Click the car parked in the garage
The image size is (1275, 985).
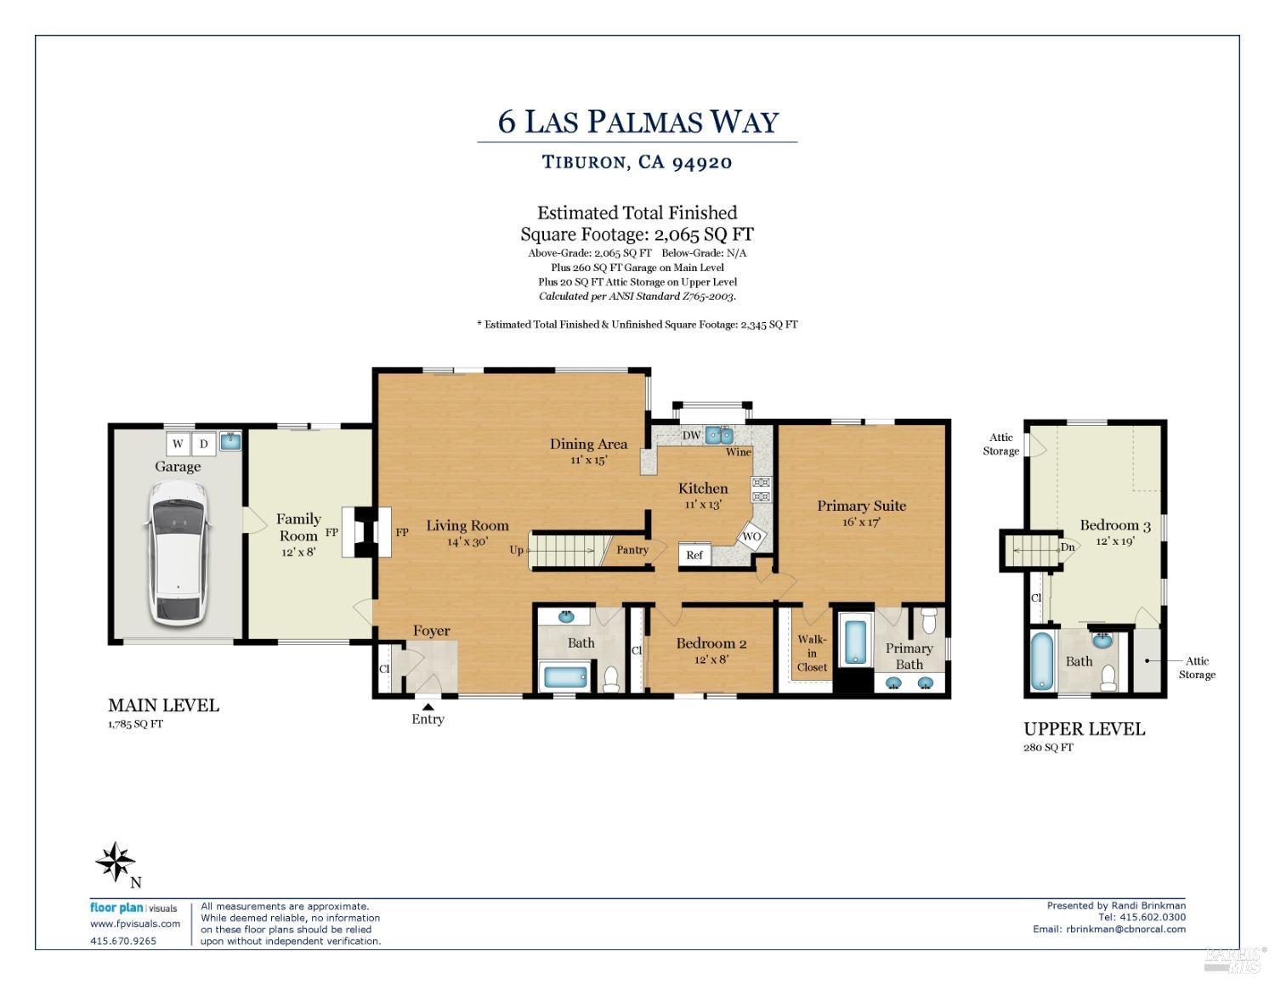tap(178, 552)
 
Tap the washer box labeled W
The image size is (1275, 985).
tap(178, 444)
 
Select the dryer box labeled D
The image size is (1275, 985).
tap(204, 444)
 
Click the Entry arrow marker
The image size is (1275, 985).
tap(428, 705)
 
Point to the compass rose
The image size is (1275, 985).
tap(115, 862)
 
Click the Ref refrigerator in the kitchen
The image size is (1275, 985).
tap(694, 555)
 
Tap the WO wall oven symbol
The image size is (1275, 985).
tap(751, 537)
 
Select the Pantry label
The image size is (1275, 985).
tap(632, 550)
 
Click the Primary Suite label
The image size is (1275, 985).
tap(861, 506)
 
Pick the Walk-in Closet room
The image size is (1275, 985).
tap(812, 653)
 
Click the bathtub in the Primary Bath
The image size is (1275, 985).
tap(853, 643)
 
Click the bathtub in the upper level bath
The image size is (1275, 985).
tap(1043, 661)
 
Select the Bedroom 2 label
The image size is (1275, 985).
tap(711, 643)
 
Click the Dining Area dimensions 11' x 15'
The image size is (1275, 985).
tap(588, 460)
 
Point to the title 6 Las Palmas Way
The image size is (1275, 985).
tap(637, 122)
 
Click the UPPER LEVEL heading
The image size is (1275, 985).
tap(1084, 729)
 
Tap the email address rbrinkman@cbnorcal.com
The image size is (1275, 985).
tap(1125, 929)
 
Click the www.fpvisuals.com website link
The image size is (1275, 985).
tap(135, 924)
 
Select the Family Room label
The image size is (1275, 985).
tap(298, 527)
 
